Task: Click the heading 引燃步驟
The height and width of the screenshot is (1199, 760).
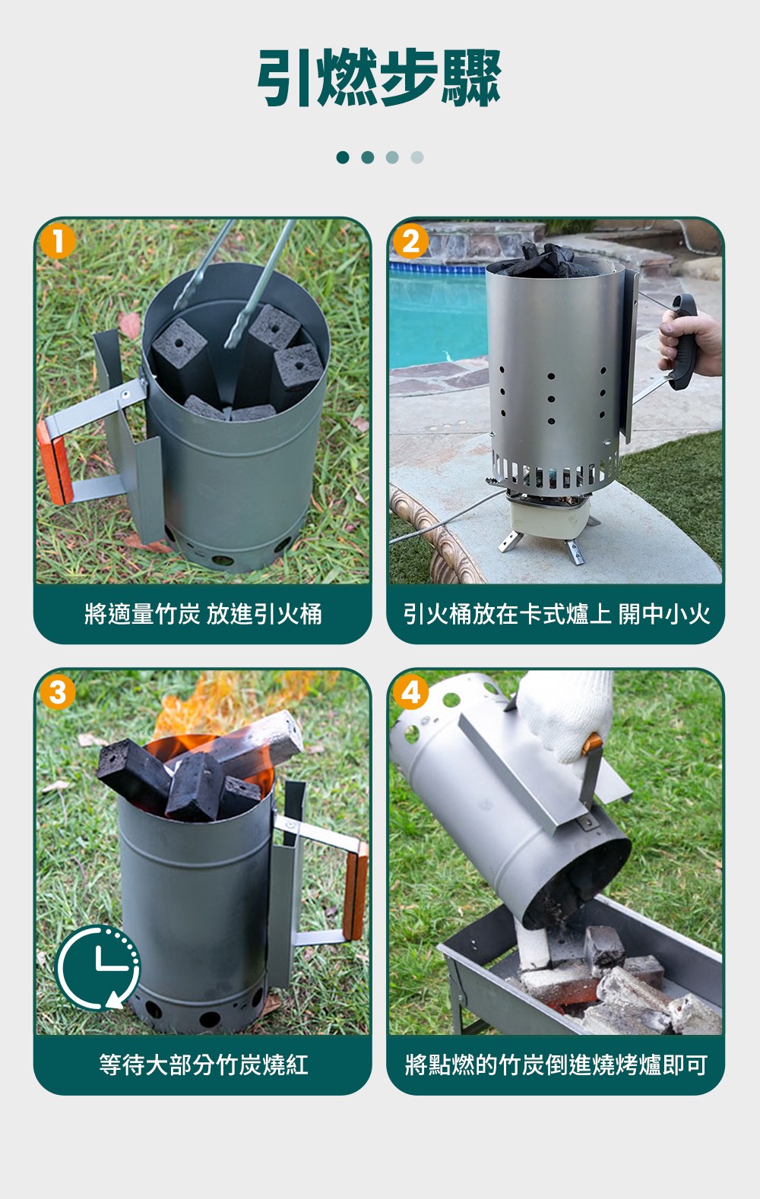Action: (379, 78)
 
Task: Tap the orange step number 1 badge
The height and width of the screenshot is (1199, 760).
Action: (57, 242)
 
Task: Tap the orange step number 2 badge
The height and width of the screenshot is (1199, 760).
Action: (410, 242)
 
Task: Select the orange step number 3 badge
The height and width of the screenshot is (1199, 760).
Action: (57, 692)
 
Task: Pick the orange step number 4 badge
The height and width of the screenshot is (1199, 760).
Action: (410, 692)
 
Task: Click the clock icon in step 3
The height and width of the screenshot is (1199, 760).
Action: (98, 967)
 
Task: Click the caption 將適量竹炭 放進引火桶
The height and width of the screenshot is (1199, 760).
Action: (203, 613)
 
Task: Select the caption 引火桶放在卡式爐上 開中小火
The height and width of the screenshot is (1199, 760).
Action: (556, 613)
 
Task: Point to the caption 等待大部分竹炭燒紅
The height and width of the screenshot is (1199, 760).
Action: (203, 1064)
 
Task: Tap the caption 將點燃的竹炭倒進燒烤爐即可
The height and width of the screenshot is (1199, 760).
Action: (556, 1064)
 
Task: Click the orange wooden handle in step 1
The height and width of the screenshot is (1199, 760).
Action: (55, 463)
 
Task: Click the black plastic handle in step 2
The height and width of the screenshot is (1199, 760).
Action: (685, 341)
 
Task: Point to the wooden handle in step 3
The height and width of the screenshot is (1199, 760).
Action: (356, 891)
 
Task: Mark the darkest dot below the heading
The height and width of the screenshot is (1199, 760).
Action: (343, 157)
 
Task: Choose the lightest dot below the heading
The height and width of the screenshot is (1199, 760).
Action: (417, 157)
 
